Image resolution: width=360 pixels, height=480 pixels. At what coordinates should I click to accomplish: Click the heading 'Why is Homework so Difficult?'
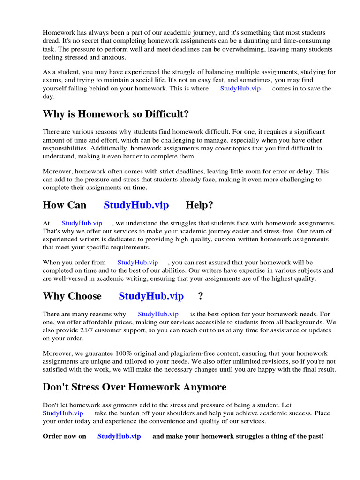pyautogui.click(x=116, y=114)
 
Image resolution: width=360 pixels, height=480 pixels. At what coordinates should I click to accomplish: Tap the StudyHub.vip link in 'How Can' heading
pyautogui.click(x=136, y=205)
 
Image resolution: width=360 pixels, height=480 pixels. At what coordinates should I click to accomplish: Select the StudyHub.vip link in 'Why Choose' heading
pyautogui.click(x=151, y=296)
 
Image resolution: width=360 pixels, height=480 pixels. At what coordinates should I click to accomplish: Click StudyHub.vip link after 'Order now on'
pyautogui.click(x=119, y=436)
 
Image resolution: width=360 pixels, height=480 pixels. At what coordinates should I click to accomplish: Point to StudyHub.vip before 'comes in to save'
pyautogui.click(x=240, y=88)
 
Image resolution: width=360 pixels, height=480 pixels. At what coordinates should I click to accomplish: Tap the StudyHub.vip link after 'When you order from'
pyautogui.click(x=137, y=262)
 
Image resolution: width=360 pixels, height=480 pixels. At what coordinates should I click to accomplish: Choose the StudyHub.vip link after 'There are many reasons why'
pyautogui.click(x=158, y=314)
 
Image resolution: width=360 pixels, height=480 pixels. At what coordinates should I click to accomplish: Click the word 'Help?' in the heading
pyautogui.click(x=199, y=205)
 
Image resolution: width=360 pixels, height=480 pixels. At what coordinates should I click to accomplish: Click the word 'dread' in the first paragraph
pyautogui.click(x=52, y=41)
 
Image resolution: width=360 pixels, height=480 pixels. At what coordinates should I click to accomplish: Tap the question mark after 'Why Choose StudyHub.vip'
pyautogui.click(x=201, y=296)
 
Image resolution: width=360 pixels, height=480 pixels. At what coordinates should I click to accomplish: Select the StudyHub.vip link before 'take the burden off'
pyautogui.click(x=63, y=413)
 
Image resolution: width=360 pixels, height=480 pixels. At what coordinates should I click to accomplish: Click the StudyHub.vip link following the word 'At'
pyautogui.click(x=82, y=223)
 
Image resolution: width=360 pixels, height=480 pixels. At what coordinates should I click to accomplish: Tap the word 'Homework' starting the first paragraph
pyautogui.click(x=58, y=32)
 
